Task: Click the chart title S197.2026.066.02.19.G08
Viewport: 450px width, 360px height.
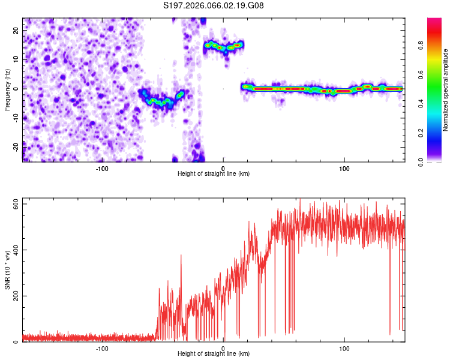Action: click(214, 6)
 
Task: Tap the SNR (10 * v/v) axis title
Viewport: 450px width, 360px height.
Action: click(7, 270)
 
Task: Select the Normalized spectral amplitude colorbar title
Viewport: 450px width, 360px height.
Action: click(445, 90)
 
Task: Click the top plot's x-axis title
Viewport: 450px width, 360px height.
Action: click(214, 173)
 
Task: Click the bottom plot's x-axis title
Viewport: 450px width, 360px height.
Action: click(214, 353)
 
